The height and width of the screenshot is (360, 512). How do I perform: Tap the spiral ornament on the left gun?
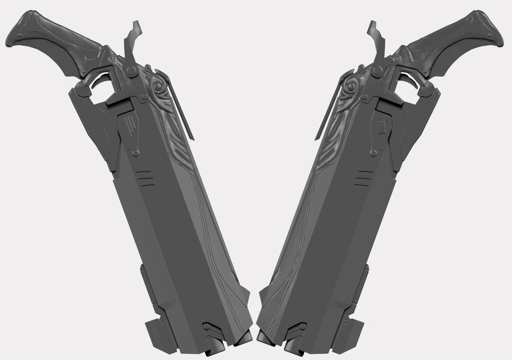pyautogui.click(x=159, y=89)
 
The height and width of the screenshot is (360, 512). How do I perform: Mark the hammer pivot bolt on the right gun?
pyautogui.click(x=377, y=71)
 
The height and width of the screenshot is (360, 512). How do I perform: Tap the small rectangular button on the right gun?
pyautogui.click(x=381, y=127)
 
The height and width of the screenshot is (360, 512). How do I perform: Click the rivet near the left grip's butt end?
pyautogui.click(x=19, y=35)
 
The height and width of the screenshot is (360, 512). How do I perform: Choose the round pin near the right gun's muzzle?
pyautogui.click(x=302, y=326)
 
